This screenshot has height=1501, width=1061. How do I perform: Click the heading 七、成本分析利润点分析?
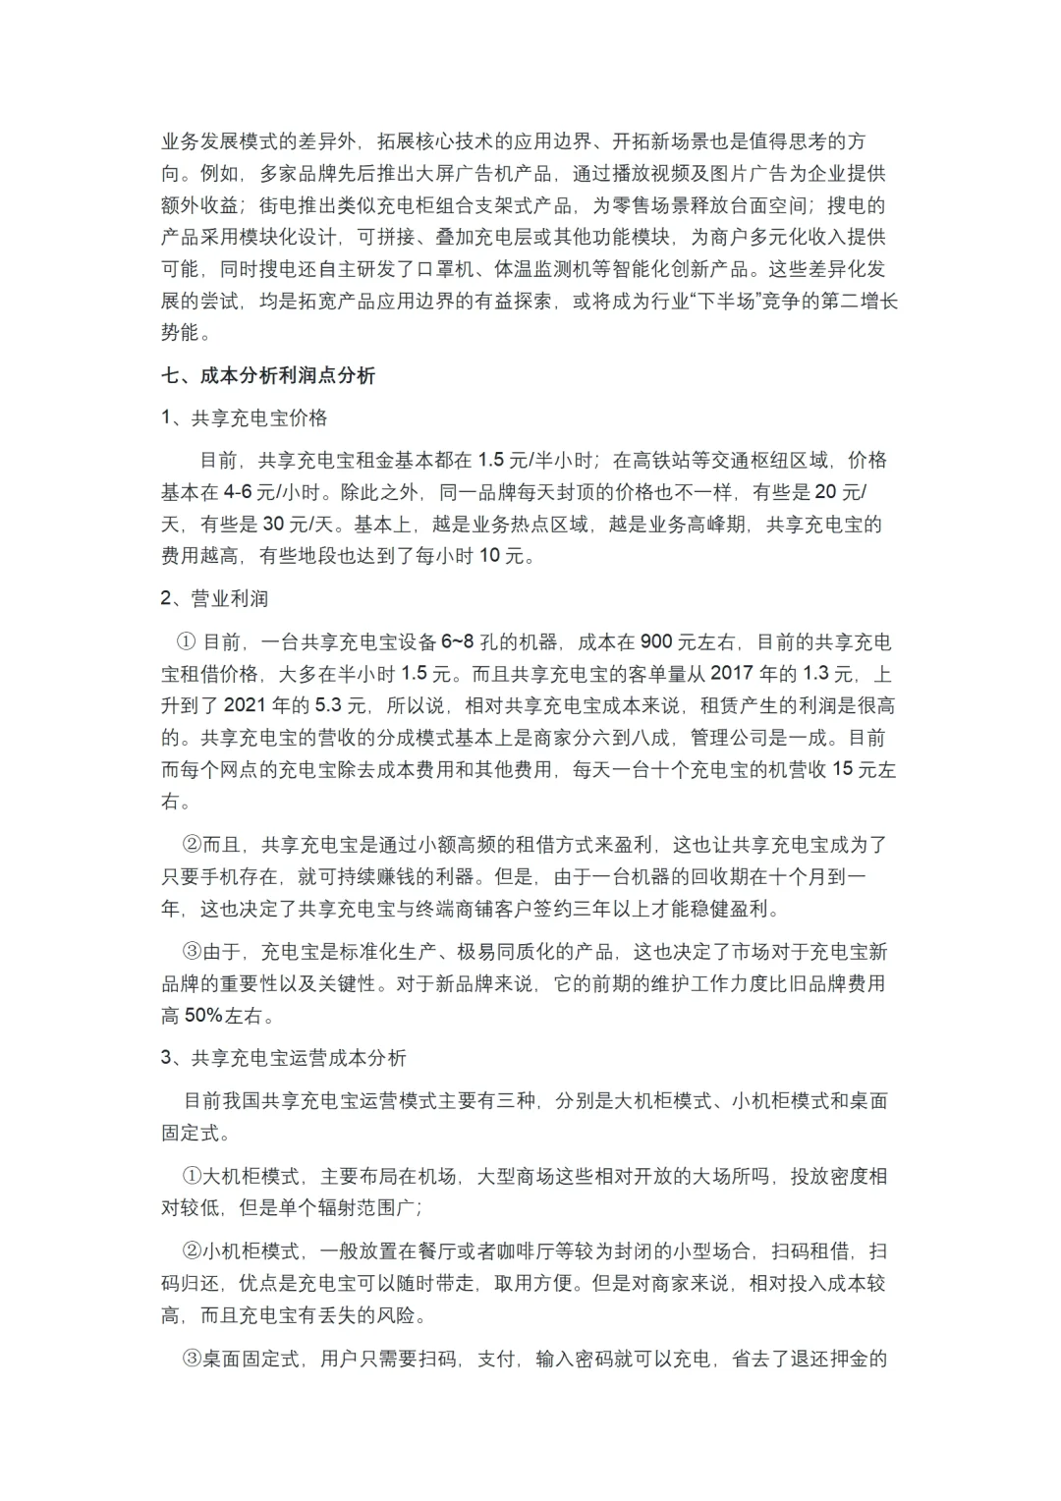[x=268, y=375]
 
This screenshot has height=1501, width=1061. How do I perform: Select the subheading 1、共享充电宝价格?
[x=244, y=417]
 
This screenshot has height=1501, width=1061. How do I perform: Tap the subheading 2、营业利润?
[x=214, y=598]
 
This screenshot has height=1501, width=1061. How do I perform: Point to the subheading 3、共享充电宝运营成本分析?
[x=283, y=1058]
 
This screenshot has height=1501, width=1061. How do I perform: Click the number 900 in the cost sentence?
[x=655, y=642]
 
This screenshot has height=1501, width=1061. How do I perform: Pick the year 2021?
[x=251, y=705]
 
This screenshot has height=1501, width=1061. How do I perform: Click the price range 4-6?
[x=239, y=492]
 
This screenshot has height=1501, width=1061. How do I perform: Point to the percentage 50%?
[x=207, y=1015]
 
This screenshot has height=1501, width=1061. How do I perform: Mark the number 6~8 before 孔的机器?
[x=457, y=642]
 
